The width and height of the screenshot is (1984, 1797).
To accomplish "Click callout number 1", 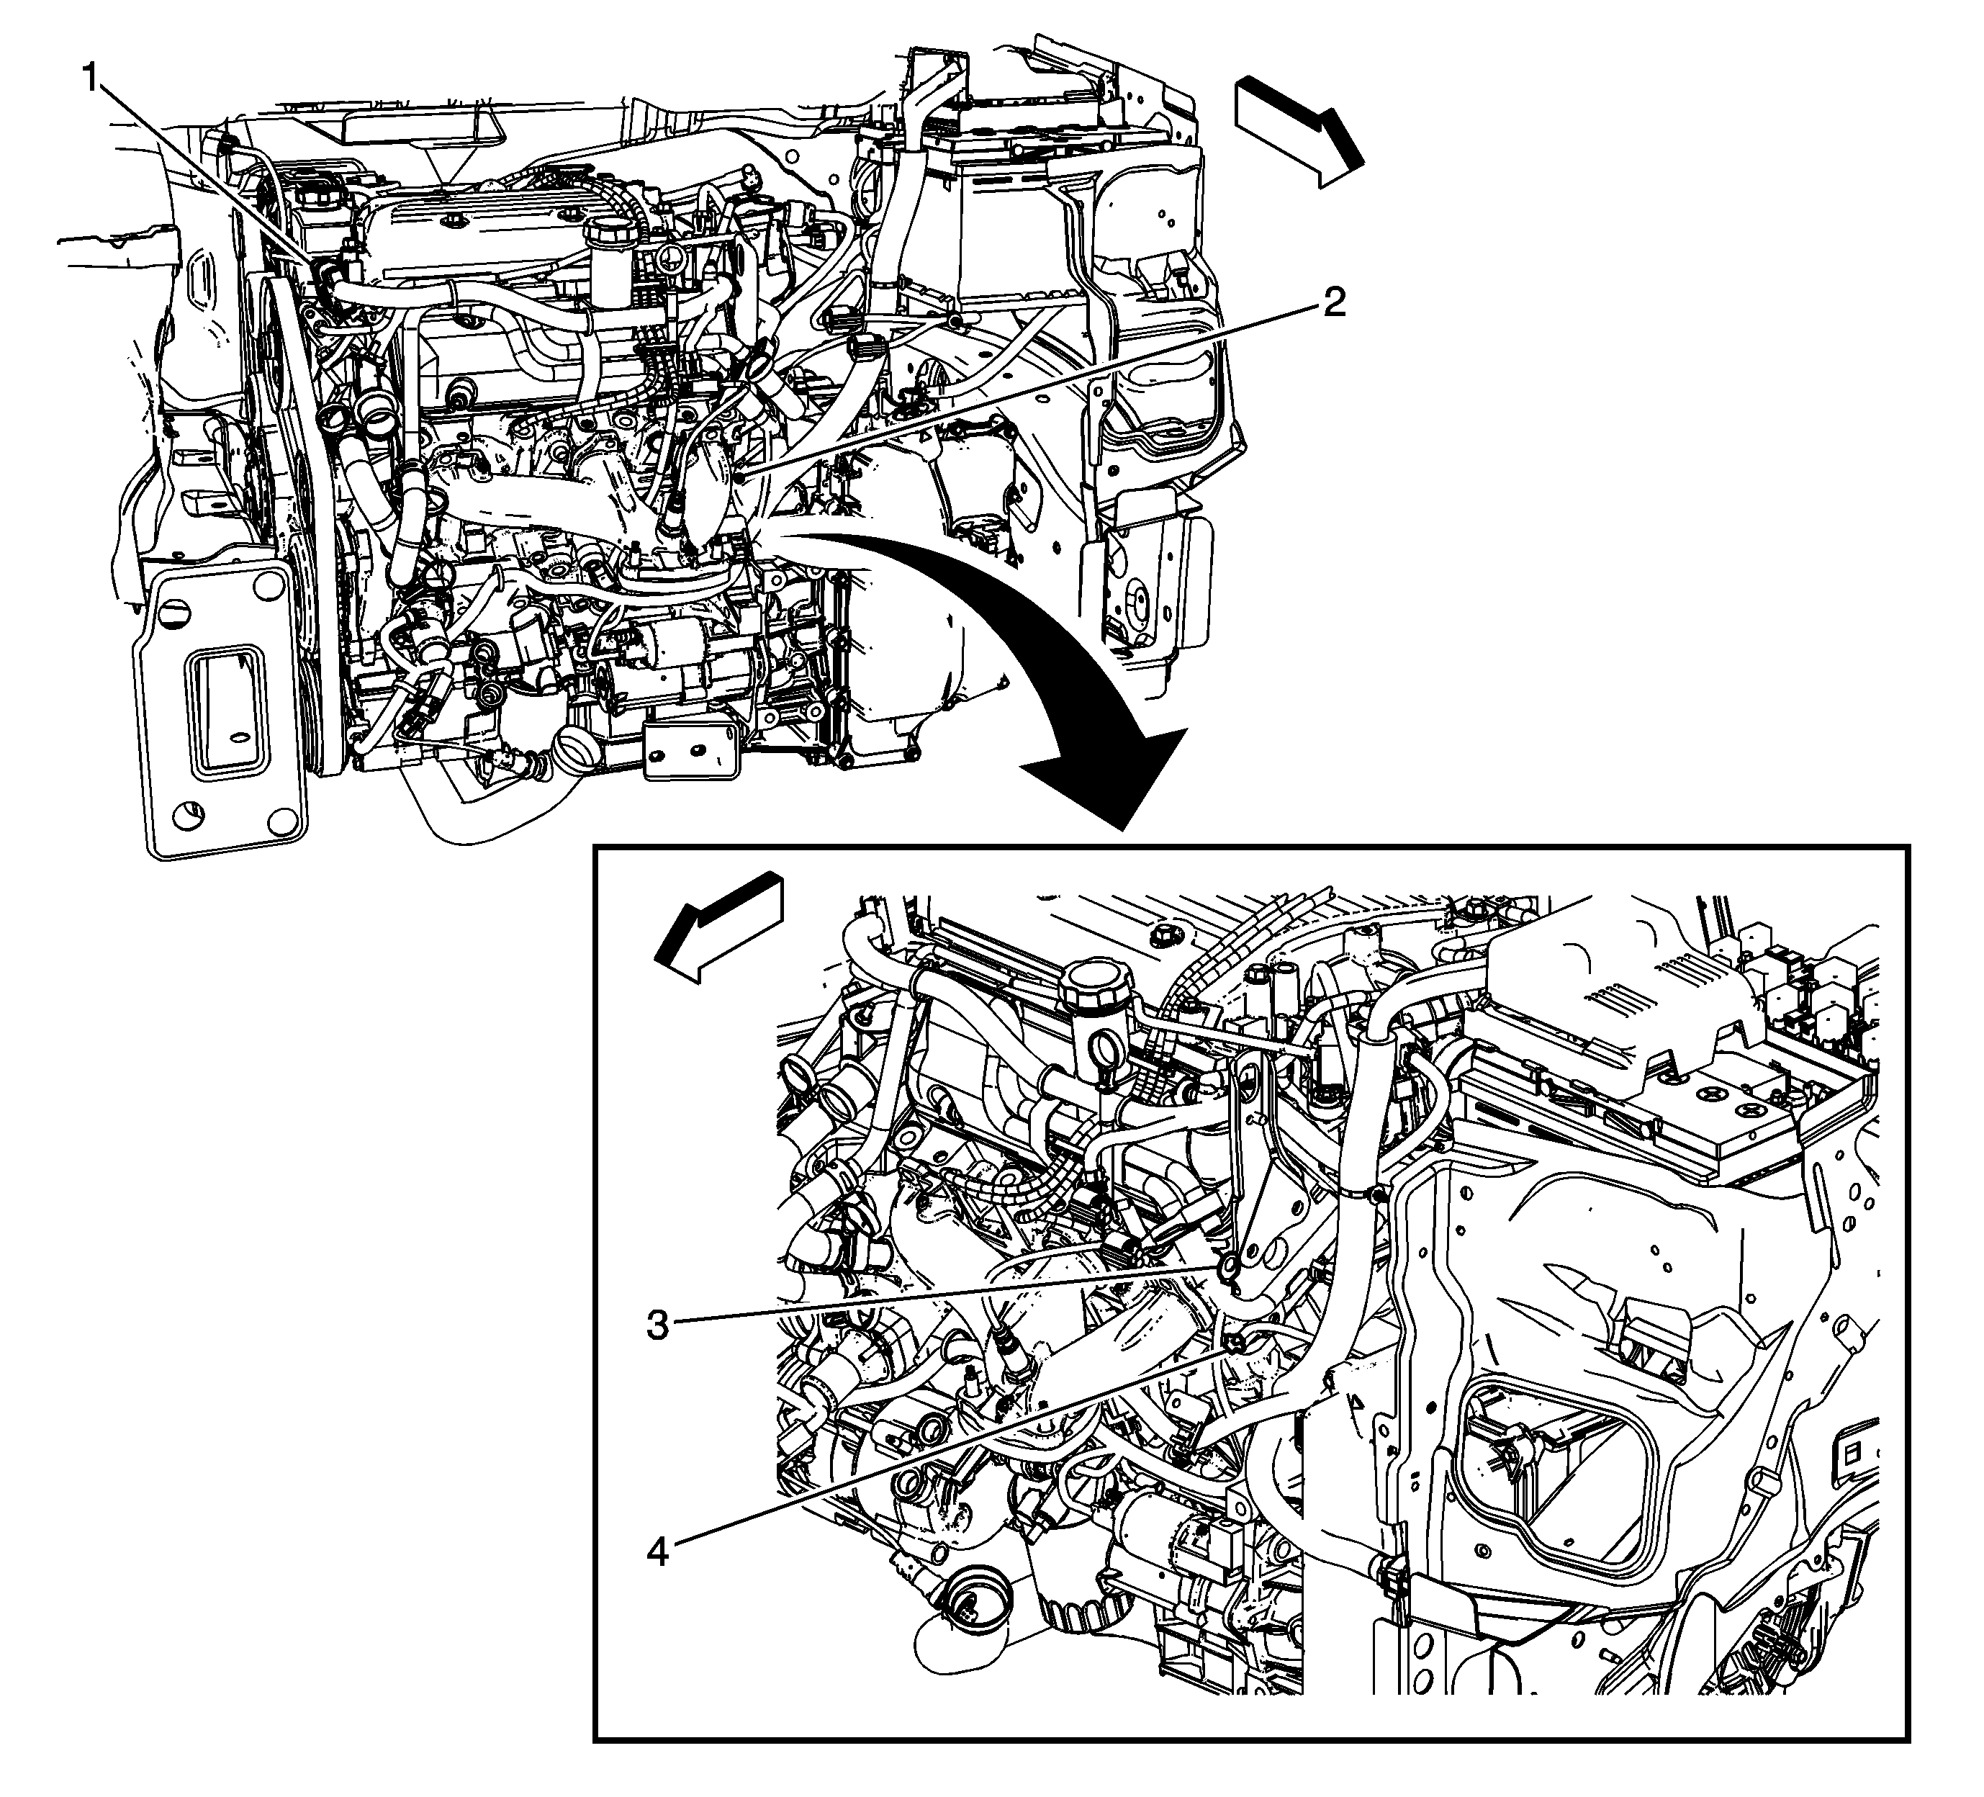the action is point(91,78).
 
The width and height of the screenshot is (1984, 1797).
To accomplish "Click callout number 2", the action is point(1333,302).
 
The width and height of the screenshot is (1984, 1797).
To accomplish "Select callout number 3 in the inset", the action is point(657,1325).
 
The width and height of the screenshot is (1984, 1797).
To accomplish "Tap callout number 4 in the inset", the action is point(657,1552).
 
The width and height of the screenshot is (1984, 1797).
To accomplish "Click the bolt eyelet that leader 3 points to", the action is point(1227,1269).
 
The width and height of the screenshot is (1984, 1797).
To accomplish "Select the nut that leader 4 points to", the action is point(1231,1341).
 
